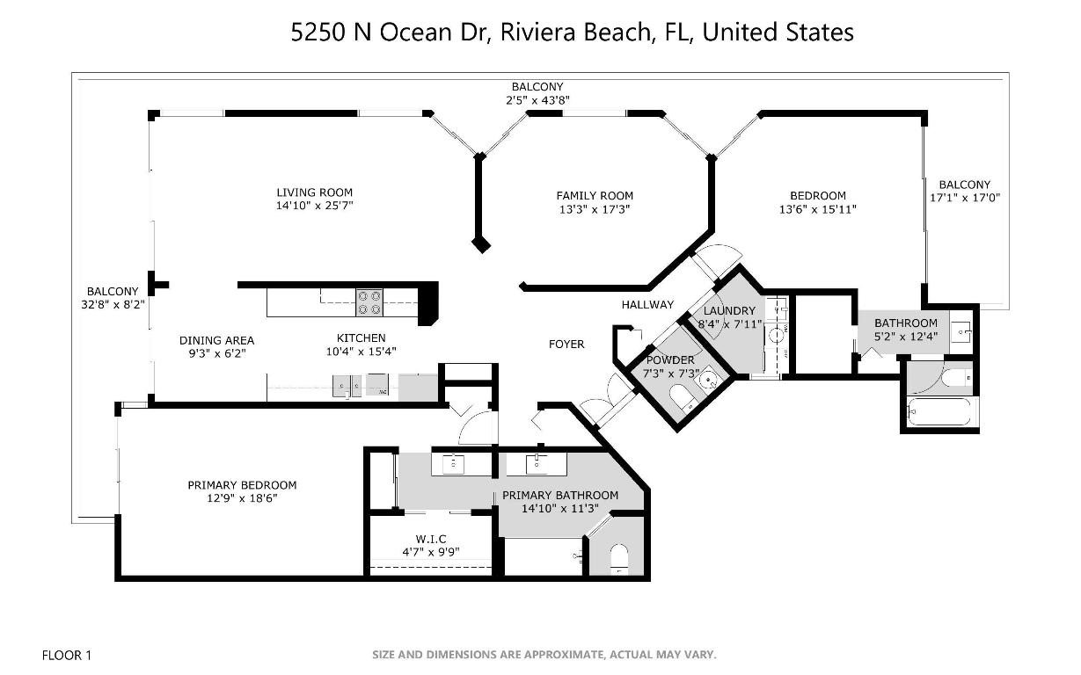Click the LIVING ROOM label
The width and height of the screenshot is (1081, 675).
pos(314,192)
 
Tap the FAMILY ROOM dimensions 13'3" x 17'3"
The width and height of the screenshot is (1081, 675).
pos(594,209)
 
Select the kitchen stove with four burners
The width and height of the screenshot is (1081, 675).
pos(369,302)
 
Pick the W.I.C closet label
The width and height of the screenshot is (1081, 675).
pos(431,539)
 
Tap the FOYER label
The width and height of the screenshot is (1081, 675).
pos(566,344)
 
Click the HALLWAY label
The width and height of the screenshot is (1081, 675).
pos(647,305)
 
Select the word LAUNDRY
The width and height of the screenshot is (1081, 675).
pos(729,310)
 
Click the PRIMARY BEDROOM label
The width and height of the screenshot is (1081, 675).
pos(242,485)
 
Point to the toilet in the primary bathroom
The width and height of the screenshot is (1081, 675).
pos(619,558)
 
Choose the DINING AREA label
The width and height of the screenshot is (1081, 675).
pos(216,340)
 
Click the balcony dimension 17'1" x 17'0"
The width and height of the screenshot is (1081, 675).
pos(964,198)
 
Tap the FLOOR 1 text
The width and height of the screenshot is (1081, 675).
pos(67,655)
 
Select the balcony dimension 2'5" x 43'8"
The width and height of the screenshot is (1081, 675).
pos(537,100)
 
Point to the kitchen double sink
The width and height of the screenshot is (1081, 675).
pos(346,384)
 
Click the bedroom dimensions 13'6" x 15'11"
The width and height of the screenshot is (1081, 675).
pos(817,209)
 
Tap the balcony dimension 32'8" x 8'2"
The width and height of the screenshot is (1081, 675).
pos(112,305)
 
